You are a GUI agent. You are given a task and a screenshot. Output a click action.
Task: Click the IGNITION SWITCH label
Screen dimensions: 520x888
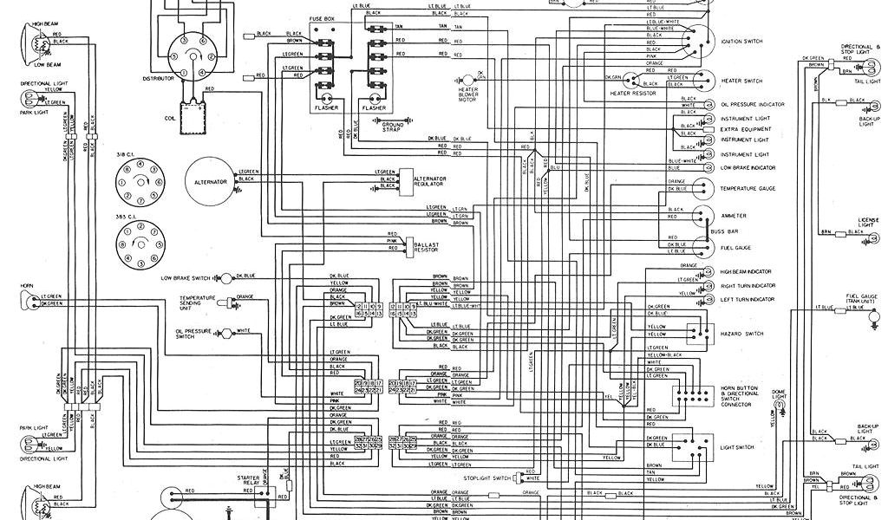[741, 41]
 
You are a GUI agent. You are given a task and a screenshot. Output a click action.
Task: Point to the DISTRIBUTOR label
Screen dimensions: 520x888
[159, 78]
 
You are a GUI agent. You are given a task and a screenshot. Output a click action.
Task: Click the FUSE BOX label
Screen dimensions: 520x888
[323, 17]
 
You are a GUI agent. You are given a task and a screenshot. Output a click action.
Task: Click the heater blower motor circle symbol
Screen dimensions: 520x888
[473, 76]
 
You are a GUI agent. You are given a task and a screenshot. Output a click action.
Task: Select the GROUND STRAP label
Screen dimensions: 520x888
[393, 127]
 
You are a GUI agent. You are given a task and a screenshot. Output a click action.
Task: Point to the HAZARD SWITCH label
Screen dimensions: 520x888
[741, 333]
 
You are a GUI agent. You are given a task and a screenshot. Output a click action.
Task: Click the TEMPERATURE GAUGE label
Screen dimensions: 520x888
[748, 188]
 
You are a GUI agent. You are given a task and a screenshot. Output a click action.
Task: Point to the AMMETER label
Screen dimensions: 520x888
[734, 216]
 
